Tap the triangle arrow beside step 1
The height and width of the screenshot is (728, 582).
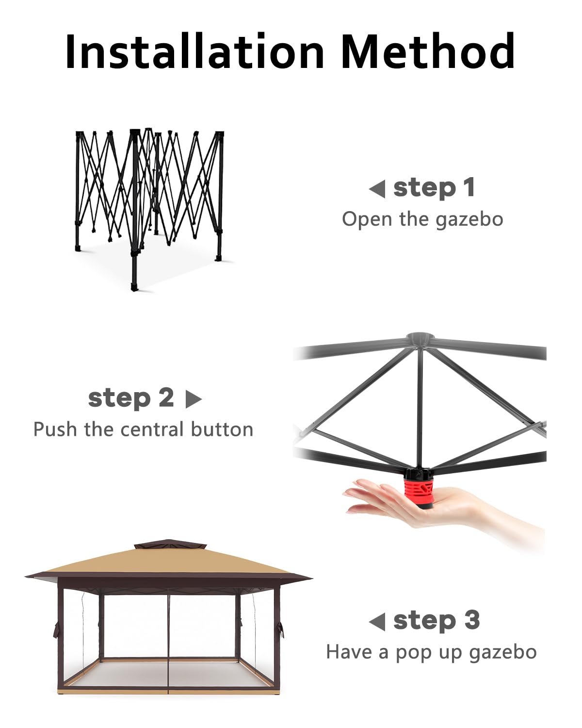coord(377,189)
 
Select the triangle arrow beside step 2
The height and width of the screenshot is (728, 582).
coord(194,399)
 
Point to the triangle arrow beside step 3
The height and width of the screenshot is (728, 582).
coord(377,621)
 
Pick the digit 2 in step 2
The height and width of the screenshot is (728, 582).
coord(166,397)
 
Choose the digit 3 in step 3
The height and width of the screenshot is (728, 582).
coord(472,620)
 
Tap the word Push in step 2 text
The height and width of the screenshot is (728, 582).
coord(55,430)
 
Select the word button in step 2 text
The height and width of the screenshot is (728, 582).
coord(222,430)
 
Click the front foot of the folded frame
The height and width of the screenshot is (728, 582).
coord(135,286)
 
